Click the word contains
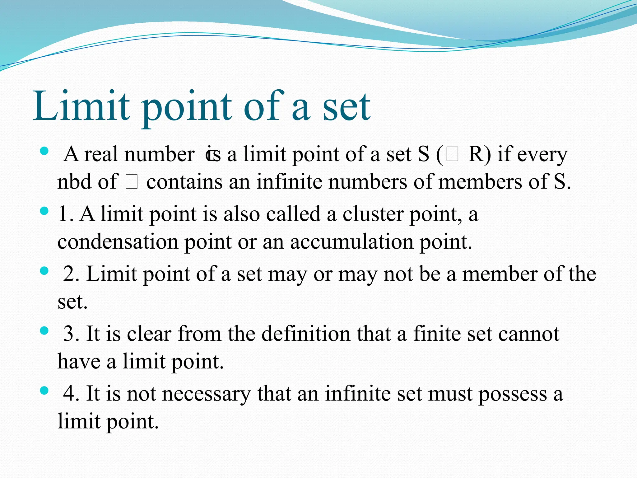click(184, 182)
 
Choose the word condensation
click(118, 242)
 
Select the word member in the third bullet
click(500, 274)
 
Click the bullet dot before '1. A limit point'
click(44, 211)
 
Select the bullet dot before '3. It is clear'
click(44, 330)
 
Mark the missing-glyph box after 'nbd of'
click(132, 182)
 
